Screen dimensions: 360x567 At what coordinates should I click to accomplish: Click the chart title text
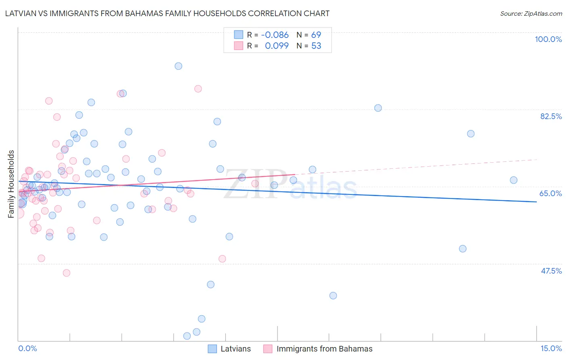[x=167, y=13]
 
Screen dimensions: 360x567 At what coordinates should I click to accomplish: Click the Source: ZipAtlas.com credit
[x=531, y=13]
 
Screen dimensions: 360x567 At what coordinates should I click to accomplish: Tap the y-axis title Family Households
[x=11, y=184]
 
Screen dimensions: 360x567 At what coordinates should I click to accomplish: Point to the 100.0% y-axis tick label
[x=548, y=39]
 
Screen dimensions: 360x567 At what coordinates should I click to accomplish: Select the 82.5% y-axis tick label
[x=551, y=116]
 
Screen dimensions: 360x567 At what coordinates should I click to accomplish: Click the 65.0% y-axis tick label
[x=550, y=193]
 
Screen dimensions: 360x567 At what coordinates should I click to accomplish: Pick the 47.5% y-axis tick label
[x=551, y=271]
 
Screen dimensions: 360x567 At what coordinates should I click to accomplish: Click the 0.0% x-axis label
[x=27, y=348]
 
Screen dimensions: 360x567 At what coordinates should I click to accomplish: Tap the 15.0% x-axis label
[x=551, y=348]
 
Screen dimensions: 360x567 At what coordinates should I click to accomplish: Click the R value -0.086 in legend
[x=275, y=35]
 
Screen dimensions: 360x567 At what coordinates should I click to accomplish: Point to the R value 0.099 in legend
[x=277, y=46]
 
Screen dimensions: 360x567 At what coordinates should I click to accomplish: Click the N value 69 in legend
[x=316, y=35]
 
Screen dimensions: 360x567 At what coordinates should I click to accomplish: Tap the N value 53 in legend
[x=316, y=46]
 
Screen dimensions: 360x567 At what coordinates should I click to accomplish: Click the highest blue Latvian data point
[x=178, y=66]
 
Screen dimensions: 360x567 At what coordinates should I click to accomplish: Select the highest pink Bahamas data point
[x=198, y=89]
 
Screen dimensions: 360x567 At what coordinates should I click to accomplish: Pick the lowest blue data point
[x=187, y=336]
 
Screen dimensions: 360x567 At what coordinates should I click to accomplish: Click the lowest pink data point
[x=67, y=273]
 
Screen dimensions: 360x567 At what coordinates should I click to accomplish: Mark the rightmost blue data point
[x=513, y=180]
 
